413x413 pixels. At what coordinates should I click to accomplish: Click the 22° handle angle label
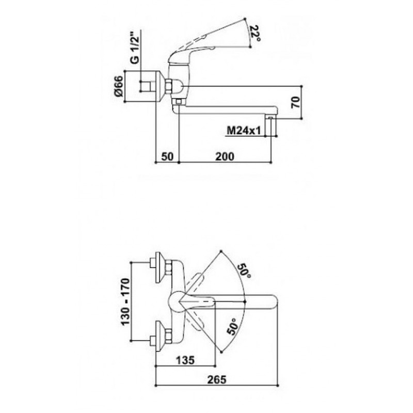click(x=255, y=33)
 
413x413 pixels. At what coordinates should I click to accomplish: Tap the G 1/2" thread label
click(x=135, y=48)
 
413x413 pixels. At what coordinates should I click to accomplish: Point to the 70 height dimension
click(x=296, y=102)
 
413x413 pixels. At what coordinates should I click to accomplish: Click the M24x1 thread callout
click(x=243, y=131)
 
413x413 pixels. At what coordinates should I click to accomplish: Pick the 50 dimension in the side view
click(x=167, y=157)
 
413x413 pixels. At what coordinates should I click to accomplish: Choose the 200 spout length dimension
click(x=225, y=157)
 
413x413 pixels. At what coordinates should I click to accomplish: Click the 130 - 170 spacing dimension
click(x=125, y=301)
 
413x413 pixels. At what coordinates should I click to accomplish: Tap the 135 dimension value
click(x=185, y=360)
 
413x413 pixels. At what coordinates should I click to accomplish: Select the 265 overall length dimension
click(x=217, y=379)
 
